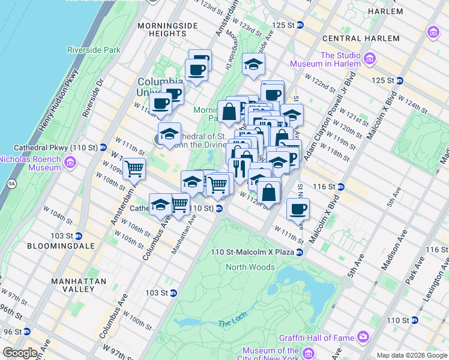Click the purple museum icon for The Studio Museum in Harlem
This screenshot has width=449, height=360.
click(x=369, y=59)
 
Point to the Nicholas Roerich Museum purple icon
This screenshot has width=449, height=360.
click(x=70, y=163)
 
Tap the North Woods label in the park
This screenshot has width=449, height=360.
click(x=250, y=267)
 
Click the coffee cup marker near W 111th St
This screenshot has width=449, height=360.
click(x=298, y=209)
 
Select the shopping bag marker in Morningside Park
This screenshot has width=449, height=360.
click(x=229, y=111)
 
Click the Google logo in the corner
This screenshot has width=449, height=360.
click(x=20, y=353)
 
